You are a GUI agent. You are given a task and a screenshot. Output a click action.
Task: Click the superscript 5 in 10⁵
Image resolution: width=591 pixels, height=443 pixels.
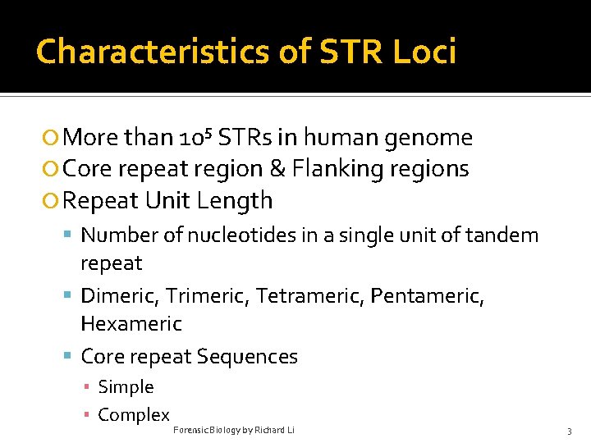pos(209,131)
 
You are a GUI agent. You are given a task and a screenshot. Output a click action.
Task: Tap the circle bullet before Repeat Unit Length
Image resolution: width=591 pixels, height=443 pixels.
pos(52,201)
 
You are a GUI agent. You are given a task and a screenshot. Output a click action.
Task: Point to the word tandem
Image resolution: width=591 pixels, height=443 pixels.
pos(502,235)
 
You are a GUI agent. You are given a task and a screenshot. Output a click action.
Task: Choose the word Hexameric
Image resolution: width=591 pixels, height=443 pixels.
pos(131,323)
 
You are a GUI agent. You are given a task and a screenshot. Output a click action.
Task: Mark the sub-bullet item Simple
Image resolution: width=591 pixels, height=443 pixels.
pos(126,387)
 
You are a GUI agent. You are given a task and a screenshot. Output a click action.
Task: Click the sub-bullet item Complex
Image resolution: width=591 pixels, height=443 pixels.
pos(133,415)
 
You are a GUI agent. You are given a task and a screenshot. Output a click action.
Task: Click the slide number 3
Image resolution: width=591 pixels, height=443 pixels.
pos(569,431)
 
